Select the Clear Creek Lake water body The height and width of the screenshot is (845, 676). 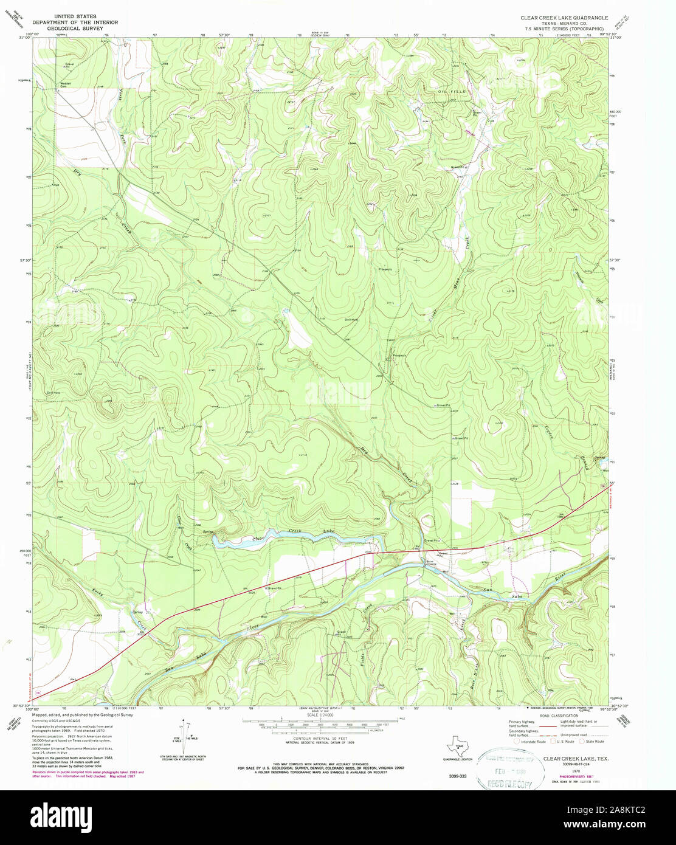[292, 537]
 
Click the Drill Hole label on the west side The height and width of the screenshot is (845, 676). [53, 393]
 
